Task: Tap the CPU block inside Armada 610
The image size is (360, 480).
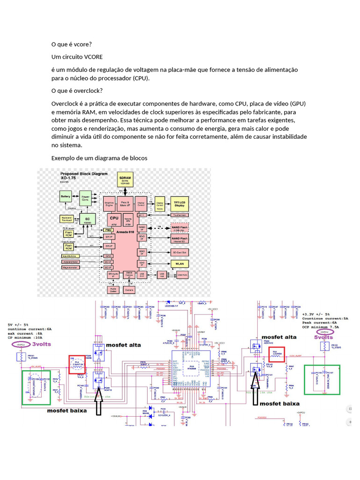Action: (x=114, y=218)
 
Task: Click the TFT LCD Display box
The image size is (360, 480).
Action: (x=179, y=202)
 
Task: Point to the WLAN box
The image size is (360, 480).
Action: (x=179, y=263)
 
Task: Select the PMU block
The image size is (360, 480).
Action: (x=108, y=230)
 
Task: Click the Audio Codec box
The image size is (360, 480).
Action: (x=113, y=290)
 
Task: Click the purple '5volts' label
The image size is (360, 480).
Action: (x=323, y=337)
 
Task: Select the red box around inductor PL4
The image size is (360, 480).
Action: (x=77, y=364)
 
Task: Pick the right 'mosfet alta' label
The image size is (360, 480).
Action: (x=279, y=337)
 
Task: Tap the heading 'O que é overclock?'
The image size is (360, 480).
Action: (x=77, y=90)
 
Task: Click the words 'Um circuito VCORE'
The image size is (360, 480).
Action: (x=77, y=57)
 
